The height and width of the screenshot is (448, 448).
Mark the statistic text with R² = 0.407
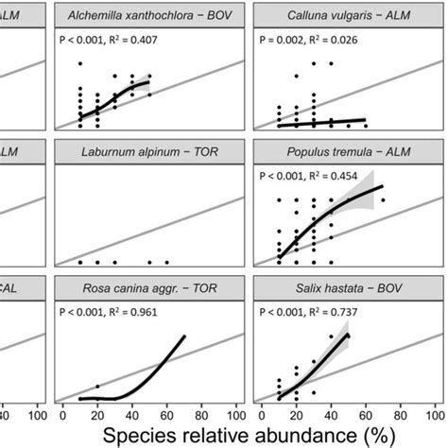tap(121, 43)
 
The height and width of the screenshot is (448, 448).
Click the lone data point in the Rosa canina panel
tap(97, 386)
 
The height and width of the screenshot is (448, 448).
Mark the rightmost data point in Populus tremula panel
tap(383, 200)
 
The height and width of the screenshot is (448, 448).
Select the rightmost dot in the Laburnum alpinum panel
tap(166, 262)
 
